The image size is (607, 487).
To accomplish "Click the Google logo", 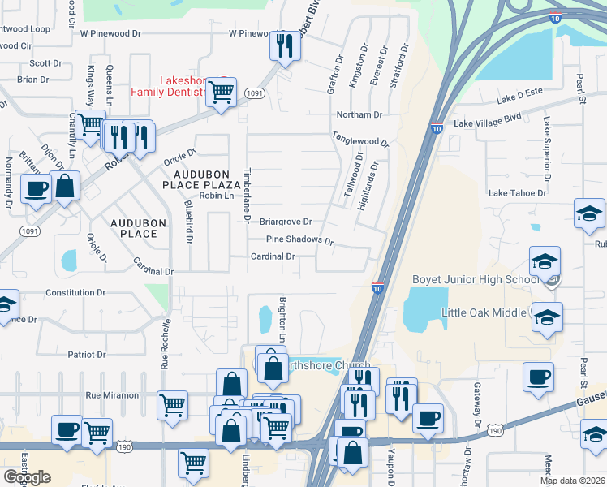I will [x=28, y=476].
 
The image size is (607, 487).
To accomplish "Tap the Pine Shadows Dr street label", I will [x=300, y=240].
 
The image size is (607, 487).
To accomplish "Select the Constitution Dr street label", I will [x=75, y=292].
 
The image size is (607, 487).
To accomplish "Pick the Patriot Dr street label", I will [x=87, y=355].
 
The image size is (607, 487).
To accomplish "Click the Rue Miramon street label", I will [x=112, y=395].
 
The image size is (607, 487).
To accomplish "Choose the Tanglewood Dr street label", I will [x=359, y=140].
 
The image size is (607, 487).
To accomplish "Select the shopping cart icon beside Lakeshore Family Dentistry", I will [x=220, y=92].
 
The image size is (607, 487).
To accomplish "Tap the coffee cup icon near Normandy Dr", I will [x=35, y=188].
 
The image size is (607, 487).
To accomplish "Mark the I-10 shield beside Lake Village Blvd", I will [x=436, y=128].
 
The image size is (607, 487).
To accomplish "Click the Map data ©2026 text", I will [x=573, y=481].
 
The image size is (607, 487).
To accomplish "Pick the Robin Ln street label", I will [x=216, y=196].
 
